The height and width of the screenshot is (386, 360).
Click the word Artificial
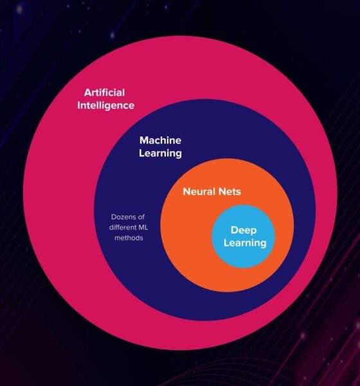coord(104,93)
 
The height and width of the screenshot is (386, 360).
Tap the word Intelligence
coord(106,106)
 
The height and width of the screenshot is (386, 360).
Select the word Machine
coord(161,140)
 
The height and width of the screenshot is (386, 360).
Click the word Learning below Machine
coord(161,153)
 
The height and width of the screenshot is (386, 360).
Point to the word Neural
coord(199,192)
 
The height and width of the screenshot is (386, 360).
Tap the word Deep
coord(244,230)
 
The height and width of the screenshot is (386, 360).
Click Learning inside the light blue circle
coord(245,243)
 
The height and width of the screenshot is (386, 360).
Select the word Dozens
coord(122,217)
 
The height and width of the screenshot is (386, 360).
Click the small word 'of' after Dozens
coord(141,217)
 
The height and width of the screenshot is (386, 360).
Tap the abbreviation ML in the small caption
coord(143,227)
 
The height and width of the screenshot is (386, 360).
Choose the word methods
coord(129,238)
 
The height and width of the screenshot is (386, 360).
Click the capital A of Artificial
coord(88,93)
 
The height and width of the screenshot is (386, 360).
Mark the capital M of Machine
coord(144,140)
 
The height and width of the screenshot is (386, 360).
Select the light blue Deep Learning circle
coord(244,259)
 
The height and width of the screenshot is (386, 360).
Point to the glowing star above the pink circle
coord(113,35)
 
